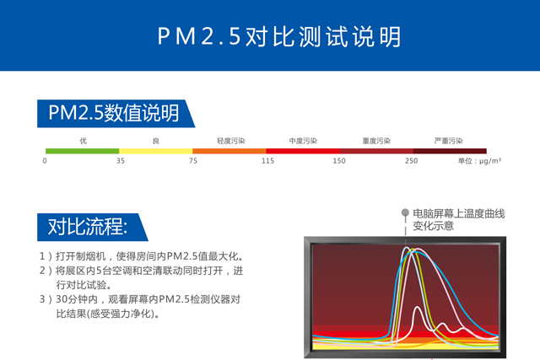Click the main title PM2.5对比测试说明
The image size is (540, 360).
(x=279, y=36)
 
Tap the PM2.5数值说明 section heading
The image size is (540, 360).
(x=114, y=112)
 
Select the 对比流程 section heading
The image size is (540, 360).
(x=88, y=227)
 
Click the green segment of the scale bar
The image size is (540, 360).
(x=83, y=151)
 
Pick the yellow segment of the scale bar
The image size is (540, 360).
(x=155, y=151)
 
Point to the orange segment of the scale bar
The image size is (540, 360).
(x=229, y=151)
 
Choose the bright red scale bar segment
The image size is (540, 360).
(x=303, y=151)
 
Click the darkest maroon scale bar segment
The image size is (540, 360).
(x=450, y=151)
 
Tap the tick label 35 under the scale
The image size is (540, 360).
(x=120, y=161)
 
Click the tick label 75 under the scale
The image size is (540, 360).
(x=193, y=161)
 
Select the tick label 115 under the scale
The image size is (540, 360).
(x=267, y=161)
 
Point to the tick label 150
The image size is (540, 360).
(x=339, y=161)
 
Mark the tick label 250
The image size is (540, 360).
(x=411, y=161)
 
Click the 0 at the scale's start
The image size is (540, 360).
(x=45, y=161)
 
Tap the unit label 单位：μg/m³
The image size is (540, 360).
(x=479, y=161)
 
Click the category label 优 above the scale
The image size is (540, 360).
(x=84, y=141)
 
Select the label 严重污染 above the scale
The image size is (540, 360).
(x=448, y=141)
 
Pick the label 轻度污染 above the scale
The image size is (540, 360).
(x=230, y=141)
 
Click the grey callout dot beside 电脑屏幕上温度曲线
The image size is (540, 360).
(x=405, y=212)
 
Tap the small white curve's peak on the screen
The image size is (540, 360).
(x=418, y=307)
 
